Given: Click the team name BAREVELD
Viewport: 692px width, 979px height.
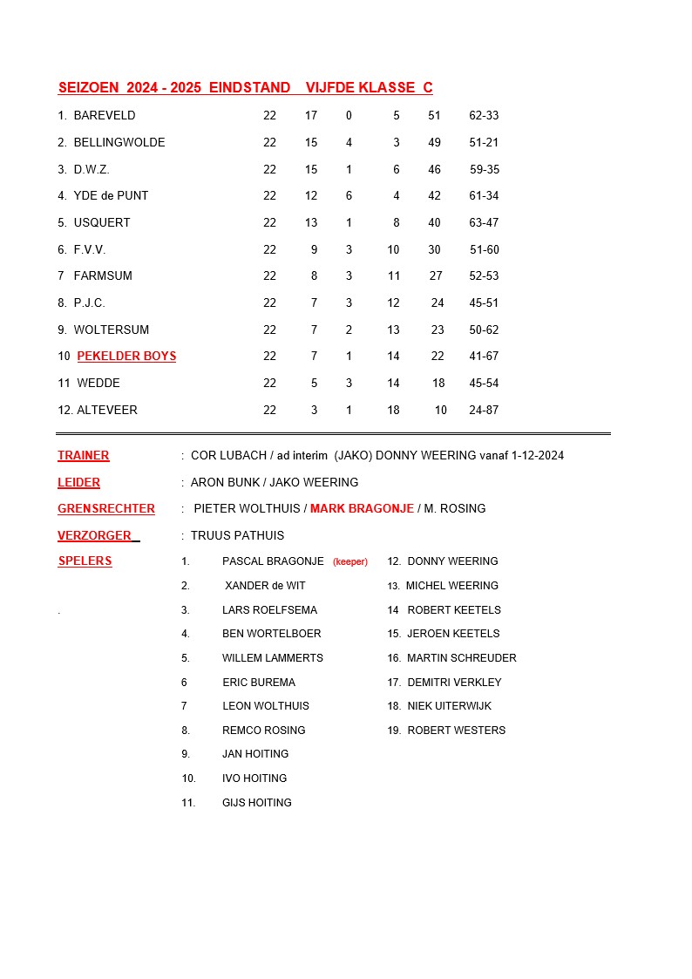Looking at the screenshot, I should coord(105,115).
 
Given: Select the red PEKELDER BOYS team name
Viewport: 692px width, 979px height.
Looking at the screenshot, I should coord(126,356).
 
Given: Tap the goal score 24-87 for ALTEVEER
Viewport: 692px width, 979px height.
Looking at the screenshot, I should coord(484,410).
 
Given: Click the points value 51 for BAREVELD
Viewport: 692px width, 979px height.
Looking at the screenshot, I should coord(434,115).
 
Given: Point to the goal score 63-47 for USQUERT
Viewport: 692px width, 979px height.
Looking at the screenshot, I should coord(484,222).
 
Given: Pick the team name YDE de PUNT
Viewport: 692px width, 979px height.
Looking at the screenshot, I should coord(111,195).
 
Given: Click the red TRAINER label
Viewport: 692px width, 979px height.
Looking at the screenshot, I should coord(84,455).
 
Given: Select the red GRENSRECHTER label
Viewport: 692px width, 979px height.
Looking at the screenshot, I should coord(106,508).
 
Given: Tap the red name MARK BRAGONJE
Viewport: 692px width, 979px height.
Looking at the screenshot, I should coord(362,508).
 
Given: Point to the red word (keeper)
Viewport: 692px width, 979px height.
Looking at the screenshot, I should coord(350,562).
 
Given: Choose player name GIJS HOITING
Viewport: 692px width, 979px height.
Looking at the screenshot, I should coord(257,802).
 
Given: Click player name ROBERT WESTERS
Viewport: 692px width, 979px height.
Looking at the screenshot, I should coord(456,730).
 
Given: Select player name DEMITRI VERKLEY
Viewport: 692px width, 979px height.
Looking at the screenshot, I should coord(454,682).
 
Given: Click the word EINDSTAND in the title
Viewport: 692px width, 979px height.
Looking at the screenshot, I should coord(249,87).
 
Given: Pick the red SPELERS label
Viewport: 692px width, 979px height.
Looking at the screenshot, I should coord(85,561).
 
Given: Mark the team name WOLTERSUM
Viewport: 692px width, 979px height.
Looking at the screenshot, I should coord(111,330).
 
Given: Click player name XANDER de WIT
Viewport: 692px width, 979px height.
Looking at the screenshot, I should coord(265,586).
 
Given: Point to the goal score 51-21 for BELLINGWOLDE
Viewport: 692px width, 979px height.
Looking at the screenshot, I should coord(484,142).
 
